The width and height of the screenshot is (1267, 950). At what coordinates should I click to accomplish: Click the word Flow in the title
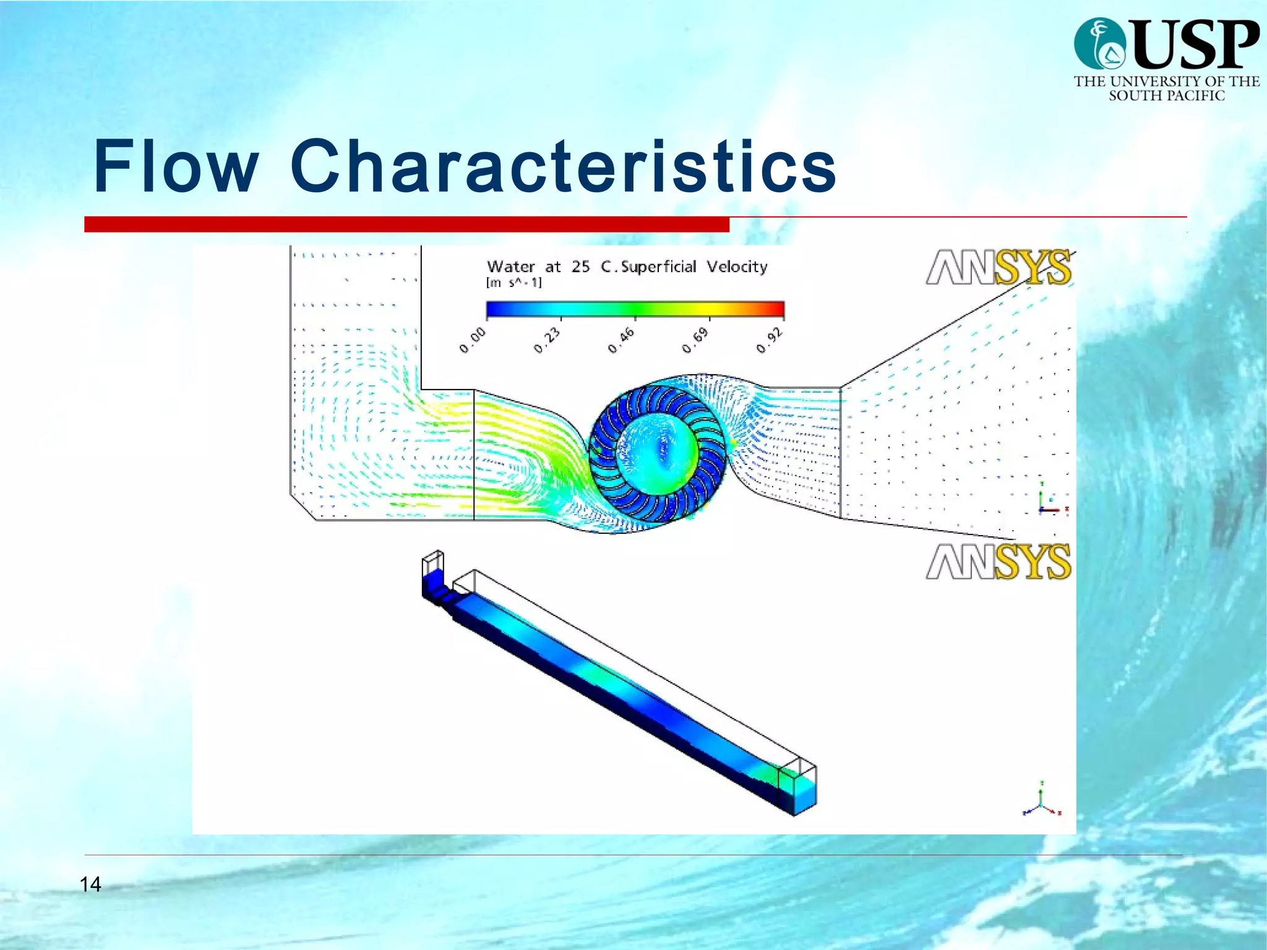tap(176, 166)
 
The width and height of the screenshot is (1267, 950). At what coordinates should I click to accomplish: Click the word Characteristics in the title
tap(563, 166)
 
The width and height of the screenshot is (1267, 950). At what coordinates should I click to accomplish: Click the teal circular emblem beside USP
tap(1100, 43)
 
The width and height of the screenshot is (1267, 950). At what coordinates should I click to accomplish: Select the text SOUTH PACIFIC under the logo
tap(1166, 95)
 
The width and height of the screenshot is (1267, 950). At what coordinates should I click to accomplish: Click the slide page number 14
tap(90, 884)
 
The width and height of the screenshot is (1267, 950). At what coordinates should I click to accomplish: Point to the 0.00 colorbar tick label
tap(473, 341)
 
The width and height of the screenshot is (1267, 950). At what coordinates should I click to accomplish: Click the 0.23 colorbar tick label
tap(548, 341)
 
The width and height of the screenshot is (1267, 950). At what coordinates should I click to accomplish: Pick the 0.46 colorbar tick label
tap(622, 341)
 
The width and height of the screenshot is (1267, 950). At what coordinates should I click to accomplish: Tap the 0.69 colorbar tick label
tap(696, 341)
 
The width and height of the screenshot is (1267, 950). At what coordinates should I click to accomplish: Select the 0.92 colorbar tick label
tap(770, 341)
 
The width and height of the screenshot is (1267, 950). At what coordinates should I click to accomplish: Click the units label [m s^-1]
tap(514, 283)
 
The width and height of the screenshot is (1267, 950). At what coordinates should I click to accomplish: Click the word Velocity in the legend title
tap(737, 267)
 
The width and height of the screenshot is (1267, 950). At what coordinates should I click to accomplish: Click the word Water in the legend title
tap(511, 267)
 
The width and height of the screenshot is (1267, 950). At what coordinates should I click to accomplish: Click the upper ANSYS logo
tap(999, 267)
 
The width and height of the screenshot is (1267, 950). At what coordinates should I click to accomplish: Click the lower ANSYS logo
tap(999, 562)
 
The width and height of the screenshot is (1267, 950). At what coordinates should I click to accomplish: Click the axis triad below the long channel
tap(1042, 802)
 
